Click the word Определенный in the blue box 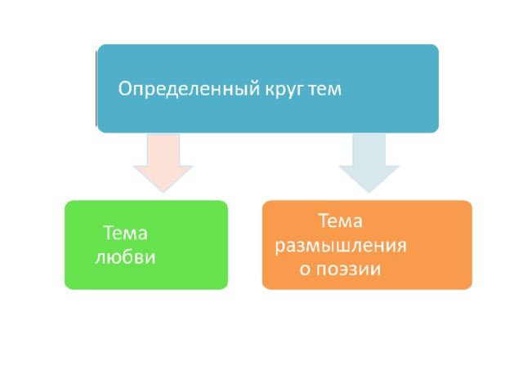[189, 90]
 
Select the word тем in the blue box [325, 90]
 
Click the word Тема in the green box [125, 233]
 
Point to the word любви [125, 257]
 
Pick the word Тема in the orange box [340, 220]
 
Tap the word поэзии [349, 269]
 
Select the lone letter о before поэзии [305, 269]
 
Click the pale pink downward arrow [163, 163]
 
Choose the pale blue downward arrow [369, 163]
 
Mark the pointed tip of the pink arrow [163, 193]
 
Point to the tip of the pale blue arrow [369, 193]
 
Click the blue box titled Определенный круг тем [268, 89]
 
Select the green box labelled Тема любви [146, 245]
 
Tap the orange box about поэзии [367, 245]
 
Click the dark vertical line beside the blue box [96, 89]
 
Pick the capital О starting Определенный [124, 88]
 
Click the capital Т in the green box [109, 232]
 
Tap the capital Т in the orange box [324, 220]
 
